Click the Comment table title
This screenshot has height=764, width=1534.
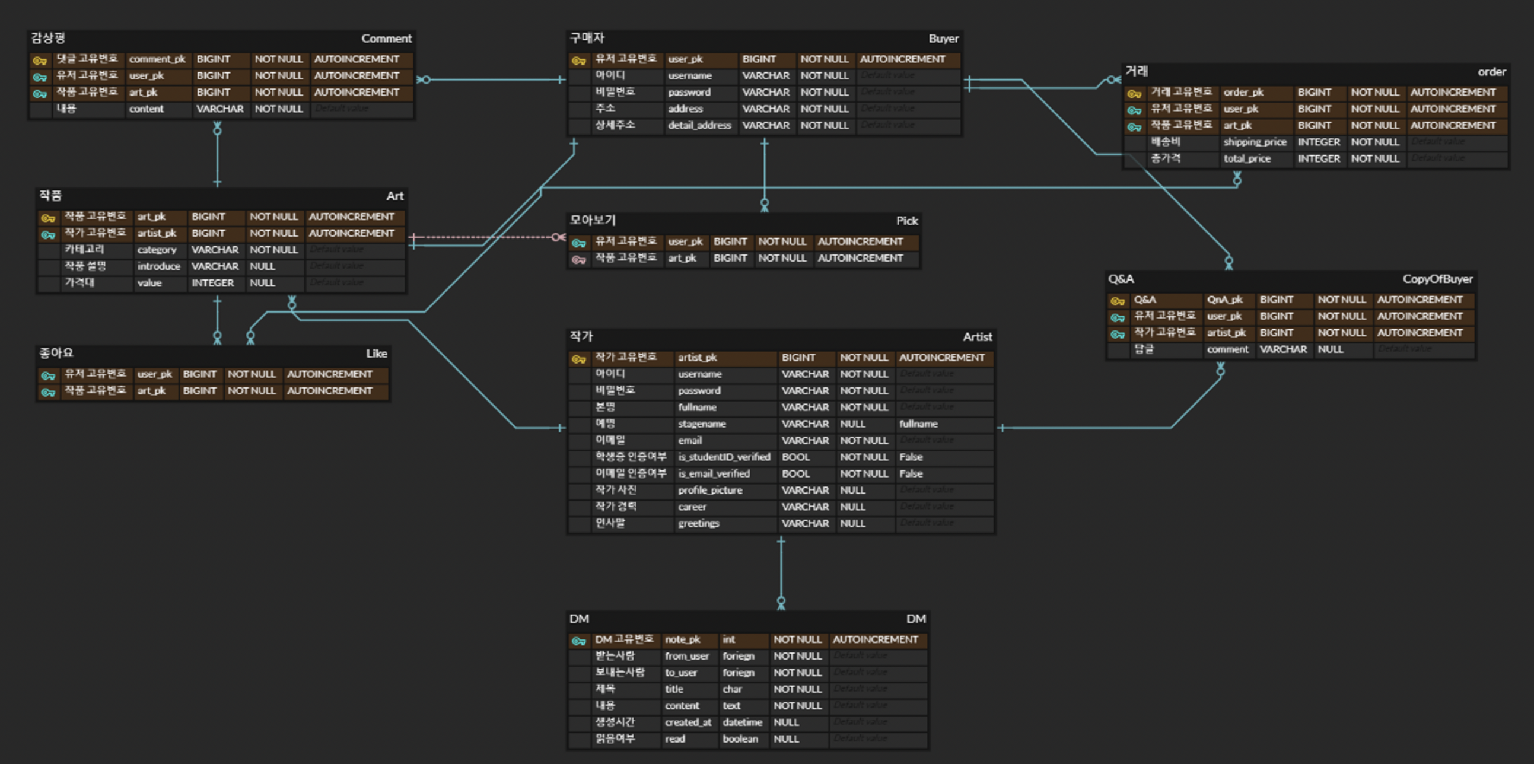point(386,39)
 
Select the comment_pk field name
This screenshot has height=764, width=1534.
point(157,59)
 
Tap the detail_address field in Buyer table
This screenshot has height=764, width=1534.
point(699,126)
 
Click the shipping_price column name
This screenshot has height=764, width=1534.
point(1255,142)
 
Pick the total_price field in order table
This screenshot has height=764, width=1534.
point(1247,159)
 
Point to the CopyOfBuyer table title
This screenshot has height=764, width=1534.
point(1437,279)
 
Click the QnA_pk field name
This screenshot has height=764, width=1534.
point(1224,300)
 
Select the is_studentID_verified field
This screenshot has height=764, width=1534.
point(724,457)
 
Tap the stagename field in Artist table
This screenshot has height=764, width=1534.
point(702,424)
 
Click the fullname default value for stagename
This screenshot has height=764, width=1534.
point(918,424)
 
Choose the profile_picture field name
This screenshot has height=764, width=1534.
point(710,491)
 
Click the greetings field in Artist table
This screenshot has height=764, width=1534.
point(698,523)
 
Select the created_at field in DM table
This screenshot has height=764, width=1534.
point(688,722)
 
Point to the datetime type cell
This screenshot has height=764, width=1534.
point(742,722)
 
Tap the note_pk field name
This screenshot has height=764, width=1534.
point(682,639)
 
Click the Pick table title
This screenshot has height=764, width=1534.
point(906,221)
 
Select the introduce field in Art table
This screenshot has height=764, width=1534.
point(158,267)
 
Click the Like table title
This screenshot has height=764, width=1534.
point(375,354)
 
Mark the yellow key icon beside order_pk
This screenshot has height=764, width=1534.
point(1134,94)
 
